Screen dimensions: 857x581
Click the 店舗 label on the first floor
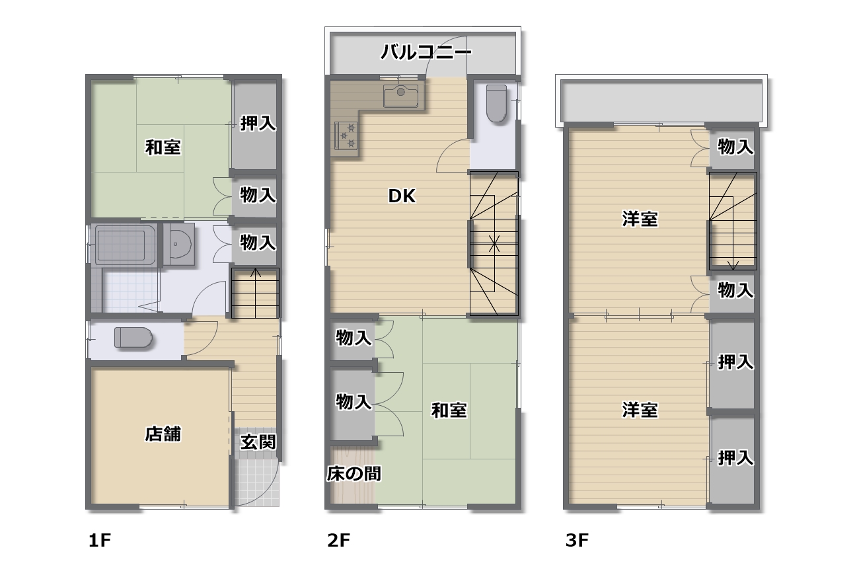pos(163,434)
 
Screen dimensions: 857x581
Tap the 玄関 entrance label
pos(258,442)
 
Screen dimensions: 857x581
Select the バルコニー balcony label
pos(426,52)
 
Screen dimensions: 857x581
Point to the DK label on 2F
pos(402,196)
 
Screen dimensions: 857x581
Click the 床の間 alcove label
pos(354,474)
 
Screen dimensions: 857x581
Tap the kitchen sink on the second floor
pos(400,96)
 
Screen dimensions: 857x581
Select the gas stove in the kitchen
pos(346,136)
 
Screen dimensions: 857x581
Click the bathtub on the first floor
pos(125,245)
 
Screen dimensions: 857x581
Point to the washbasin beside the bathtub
pos(178,244)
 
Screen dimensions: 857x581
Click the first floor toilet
pos(133,338)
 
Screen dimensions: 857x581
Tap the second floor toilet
pos(496,103)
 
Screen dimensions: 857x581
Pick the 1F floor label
pos(100,541)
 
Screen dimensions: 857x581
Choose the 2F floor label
pos(338,541)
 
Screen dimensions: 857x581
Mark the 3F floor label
pos(577,541)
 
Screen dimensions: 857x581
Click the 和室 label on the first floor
pos(163,147)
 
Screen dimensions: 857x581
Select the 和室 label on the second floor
pos(449,410)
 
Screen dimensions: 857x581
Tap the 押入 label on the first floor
pos(258,124)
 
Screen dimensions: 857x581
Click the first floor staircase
pos(255,293)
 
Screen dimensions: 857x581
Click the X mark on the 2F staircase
pos(494,244)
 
